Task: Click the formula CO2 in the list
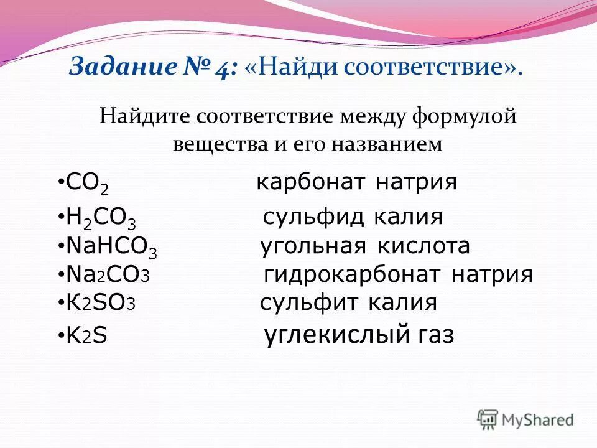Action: [x=88, y=185]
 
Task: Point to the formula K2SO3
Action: [x=101, y=303]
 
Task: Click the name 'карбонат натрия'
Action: [x=357, y=182]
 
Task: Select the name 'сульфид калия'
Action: [x=353, y=217]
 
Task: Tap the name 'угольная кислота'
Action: [x=364, y=246]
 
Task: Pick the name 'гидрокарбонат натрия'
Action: [x=399, y=274]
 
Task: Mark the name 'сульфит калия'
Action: [x=348, y=303]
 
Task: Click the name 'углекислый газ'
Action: [x=359, y=335]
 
